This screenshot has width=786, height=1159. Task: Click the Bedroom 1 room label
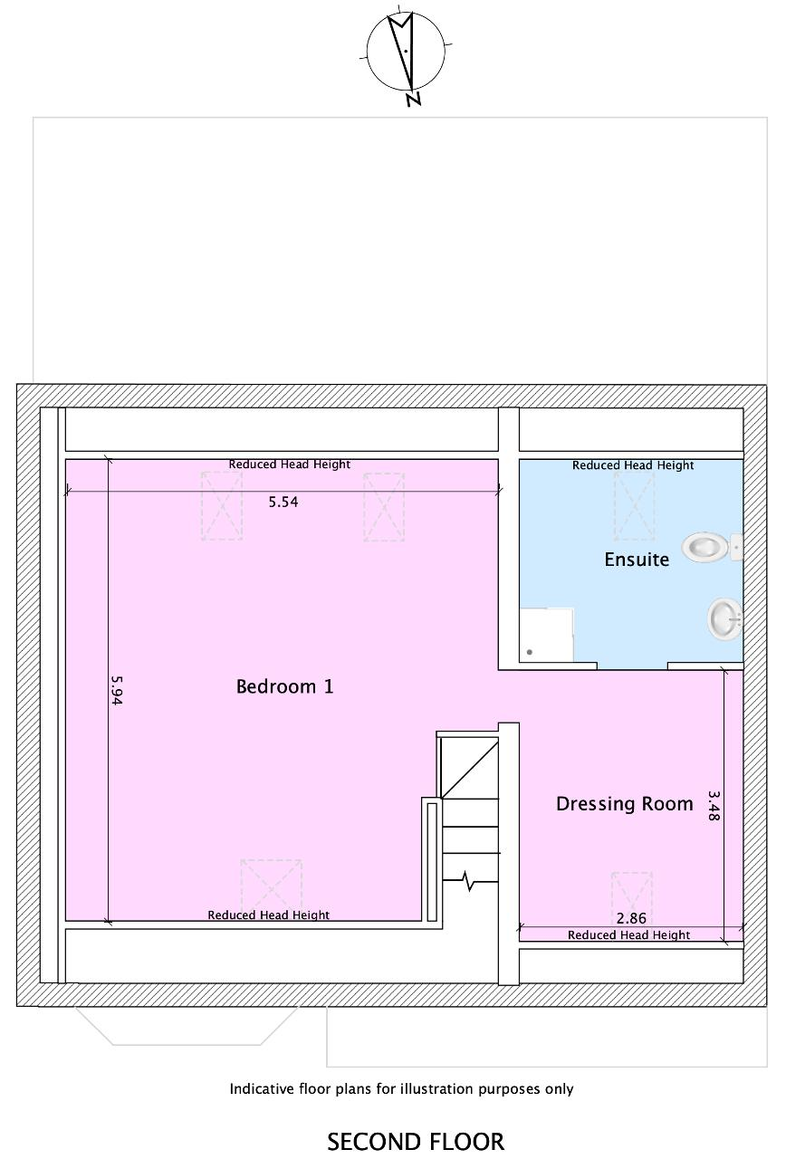click(x=284, y=686)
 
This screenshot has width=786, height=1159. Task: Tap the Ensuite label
click(x=637, y=560)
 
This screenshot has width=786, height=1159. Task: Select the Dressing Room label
click(x=625, y=803)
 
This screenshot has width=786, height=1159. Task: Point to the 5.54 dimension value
click(x=283, y=502)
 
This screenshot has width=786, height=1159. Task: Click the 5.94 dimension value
click(x=117, y=690)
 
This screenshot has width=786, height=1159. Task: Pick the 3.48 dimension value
click(x=713, y=806)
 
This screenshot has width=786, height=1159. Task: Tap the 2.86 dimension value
click(x=631, y=918)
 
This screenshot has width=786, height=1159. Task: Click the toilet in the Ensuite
click(x=712, y=547)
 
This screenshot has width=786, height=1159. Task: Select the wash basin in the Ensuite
click(x=725, y=618)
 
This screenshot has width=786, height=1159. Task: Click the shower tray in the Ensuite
click(x=546, y=635)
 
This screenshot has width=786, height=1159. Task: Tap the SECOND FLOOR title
click(x=416, y=1142)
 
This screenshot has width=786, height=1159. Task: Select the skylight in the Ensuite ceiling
click(x=634, y=505)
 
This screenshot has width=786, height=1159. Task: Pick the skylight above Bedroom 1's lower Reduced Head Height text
click(x=271, y=892)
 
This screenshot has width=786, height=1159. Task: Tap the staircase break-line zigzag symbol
click(x=469, y=881)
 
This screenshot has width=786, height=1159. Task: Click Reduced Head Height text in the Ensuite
click(x=633, y=465)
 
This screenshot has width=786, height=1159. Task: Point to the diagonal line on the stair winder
click(x=470, y=770)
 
